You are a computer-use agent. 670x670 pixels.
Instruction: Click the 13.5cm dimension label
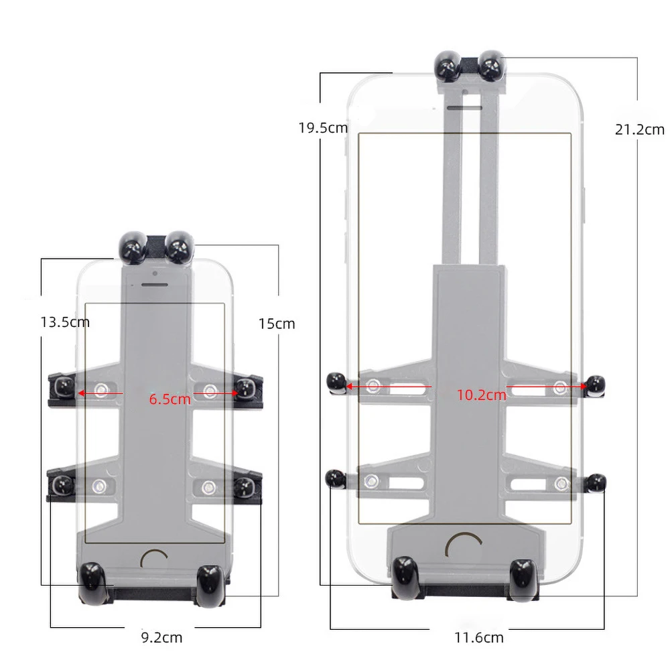tap(65, 322)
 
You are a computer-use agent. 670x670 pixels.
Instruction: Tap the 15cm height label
tap(277, 324)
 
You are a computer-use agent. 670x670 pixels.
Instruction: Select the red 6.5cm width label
tap(170, 399)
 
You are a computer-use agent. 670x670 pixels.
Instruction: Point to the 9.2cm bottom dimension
tap(161, 638)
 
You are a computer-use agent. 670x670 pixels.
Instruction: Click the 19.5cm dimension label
tap(323, 128)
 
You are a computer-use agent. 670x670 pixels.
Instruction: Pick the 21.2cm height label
tap(640, 129)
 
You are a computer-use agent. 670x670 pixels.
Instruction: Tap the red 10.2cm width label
tap(482, 395)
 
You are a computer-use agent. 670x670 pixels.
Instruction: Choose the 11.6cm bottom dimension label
tap(479, 638)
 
